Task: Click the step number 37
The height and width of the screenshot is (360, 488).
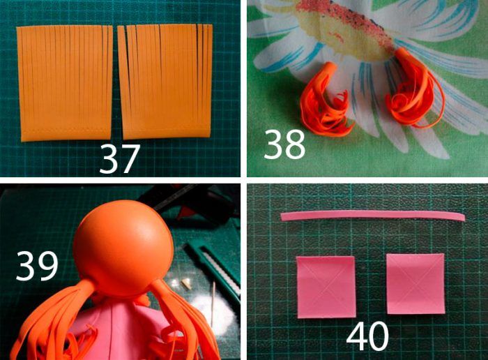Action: (x=119, y=159)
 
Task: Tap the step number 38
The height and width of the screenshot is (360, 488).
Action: (x=284, y=144)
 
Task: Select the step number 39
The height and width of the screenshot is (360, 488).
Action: (x=37, y=266)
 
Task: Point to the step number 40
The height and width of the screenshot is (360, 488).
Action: (x=367, y=336)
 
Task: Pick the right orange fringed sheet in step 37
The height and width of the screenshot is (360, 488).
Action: (x=166, y=82)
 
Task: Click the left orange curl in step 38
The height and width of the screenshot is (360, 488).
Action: (x=326, y=101)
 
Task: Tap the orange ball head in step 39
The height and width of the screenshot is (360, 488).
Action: (x=123, y=248)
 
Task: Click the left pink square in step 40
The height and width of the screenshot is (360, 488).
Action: (x=326, y=287)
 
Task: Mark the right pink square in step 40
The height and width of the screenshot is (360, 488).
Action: (x=415, y=284)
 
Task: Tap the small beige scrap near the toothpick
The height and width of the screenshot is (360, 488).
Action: (x=187, y=283)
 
